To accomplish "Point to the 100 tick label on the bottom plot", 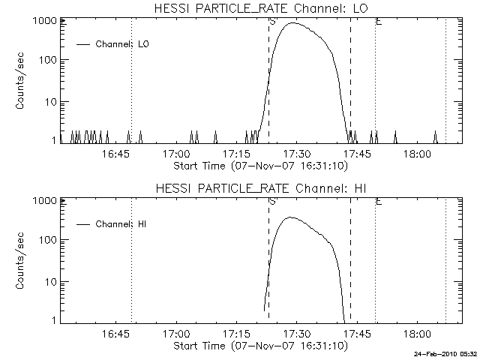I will [x=48, y=241].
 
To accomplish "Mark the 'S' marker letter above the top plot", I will [x=271, y=22].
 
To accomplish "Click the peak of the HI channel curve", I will [x=291, y=217].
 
